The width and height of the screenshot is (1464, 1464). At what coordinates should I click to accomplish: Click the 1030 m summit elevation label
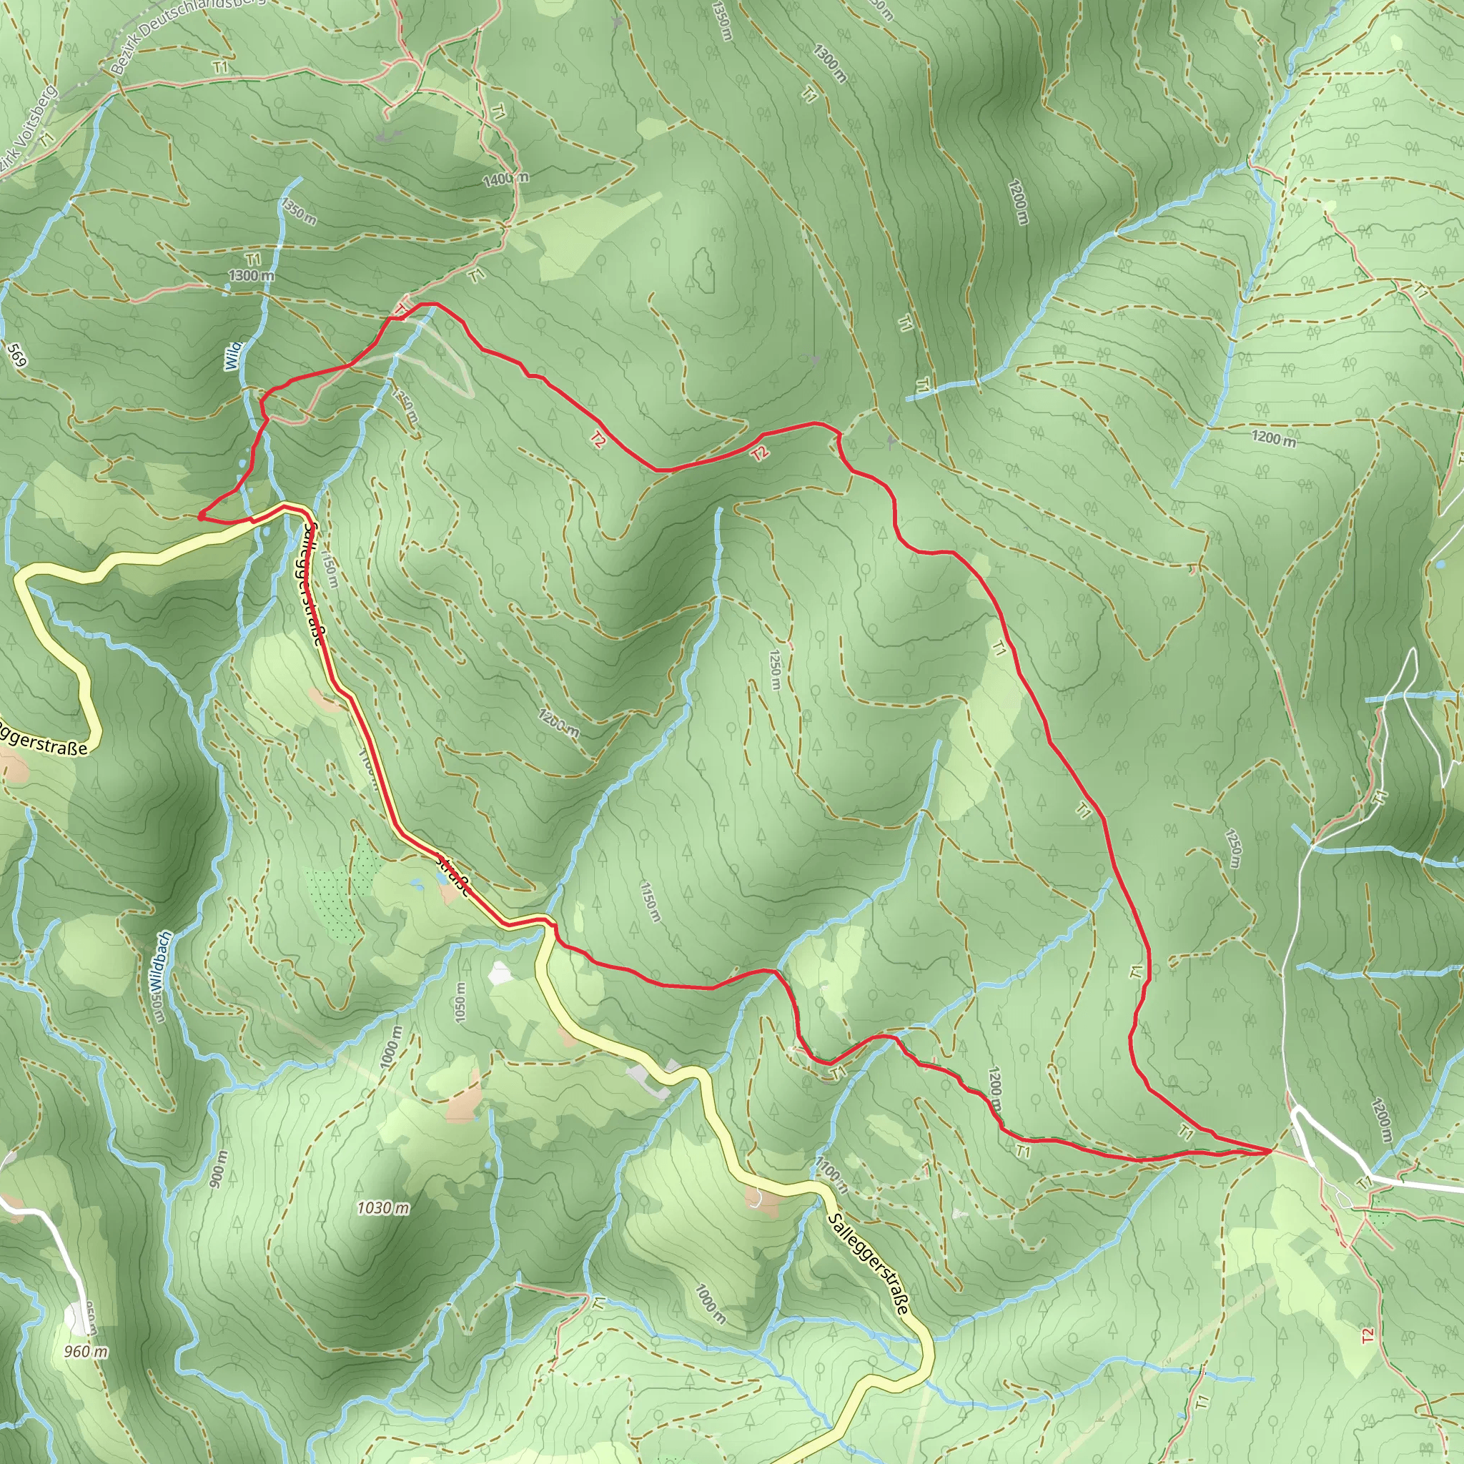382,1208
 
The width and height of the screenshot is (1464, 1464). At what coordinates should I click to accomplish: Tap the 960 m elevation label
86,1351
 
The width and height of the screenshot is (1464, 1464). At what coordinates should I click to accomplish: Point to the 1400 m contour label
506,179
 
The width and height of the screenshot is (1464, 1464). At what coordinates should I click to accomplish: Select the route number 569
16,355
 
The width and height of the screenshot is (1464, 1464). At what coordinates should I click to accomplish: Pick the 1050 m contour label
460,1001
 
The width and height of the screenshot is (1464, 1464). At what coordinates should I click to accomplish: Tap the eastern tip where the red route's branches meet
1270,1150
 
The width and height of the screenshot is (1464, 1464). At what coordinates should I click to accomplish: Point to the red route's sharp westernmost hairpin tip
200,517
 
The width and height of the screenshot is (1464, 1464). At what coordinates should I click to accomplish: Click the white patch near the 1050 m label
501,974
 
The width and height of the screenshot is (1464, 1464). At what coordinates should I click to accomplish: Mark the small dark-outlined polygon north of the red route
704,270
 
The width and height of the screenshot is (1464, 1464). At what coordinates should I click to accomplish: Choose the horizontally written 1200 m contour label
1273,438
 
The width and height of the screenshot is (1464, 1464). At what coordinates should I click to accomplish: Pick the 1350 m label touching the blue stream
299,212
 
